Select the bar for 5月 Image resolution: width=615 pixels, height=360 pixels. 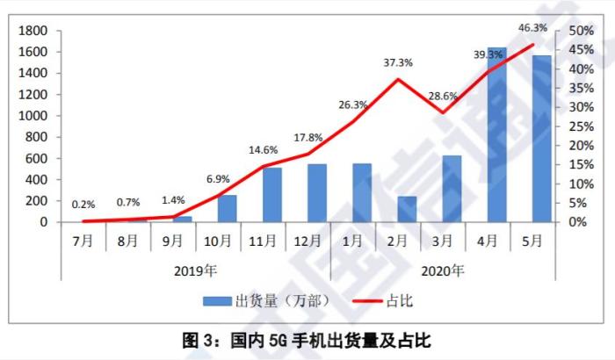point(542,139)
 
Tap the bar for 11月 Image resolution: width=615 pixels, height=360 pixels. point(272,195)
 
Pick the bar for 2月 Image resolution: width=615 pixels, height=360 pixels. point(407,209)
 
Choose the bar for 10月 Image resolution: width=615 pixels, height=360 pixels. point(228,209)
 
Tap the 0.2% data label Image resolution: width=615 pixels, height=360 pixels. point(84,205)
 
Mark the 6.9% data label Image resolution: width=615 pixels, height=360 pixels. point(218,179)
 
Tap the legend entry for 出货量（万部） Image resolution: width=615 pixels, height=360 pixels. point(267,300)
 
